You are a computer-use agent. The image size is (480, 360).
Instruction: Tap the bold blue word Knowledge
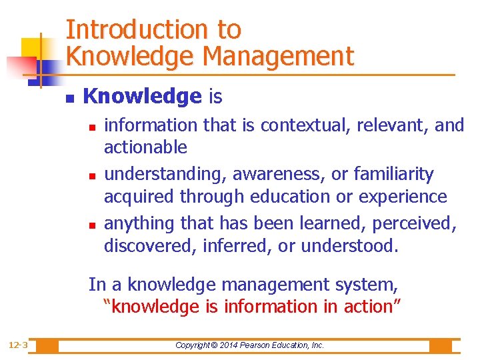[x=142, y=97]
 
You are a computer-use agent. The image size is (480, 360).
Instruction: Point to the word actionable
[x=145, y=147]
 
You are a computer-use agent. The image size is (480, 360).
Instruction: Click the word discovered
[x=149, y=247]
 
